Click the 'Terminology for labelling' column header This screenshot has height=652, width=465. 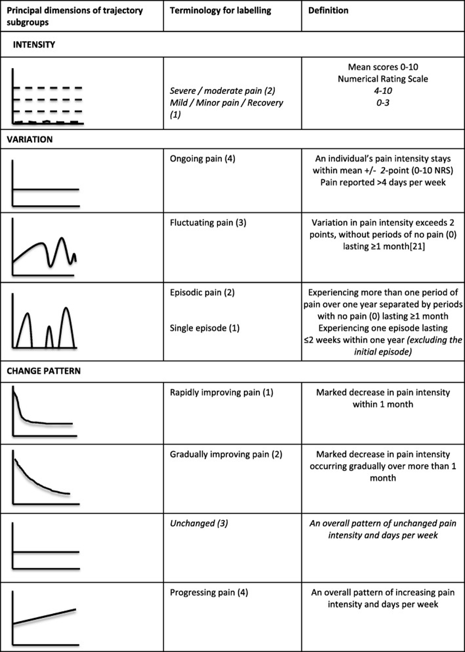click(220, 11)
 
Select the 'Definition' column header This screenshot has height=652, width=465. click(328, 11)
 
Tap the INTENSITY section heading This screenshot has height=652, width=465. click(34, 45)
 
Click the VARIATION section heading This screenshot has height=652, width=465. click(30, 140)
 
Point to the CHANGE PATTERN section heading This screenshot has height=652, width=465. click(44, 371)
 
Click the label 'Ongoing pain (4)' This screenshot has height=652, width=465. click(203, 159)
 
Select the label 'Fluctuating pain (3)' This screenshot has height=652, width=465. click(208, 223)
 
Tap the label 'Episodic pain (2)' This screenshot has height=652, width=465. click(202, 293)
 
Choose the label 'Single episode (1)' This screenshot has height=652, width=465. click(205, 328)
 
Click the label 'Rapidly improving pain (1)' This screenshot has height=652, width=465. click(222, 393)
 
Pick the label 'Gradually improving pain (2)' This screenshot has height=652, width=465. click(226, 454)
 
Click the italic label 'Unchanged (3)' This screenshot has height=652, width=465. click(199, 523)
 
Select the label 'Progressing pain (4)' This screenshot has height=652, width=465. click(209, 592)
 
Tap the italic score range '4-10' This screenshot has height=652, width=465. click(383, 91)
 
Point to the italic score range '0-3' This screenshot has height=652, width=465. click(383, 103)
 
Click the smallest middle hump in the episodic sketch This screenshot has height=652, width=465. click(49, 326)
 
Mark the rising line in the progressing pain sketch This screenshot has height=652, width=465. click(44, 617)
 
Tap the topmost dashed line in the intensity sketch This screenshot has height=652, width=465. click(47, 87)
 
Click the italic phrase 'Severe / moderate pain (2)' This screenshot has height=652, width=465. click(223, 91)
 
